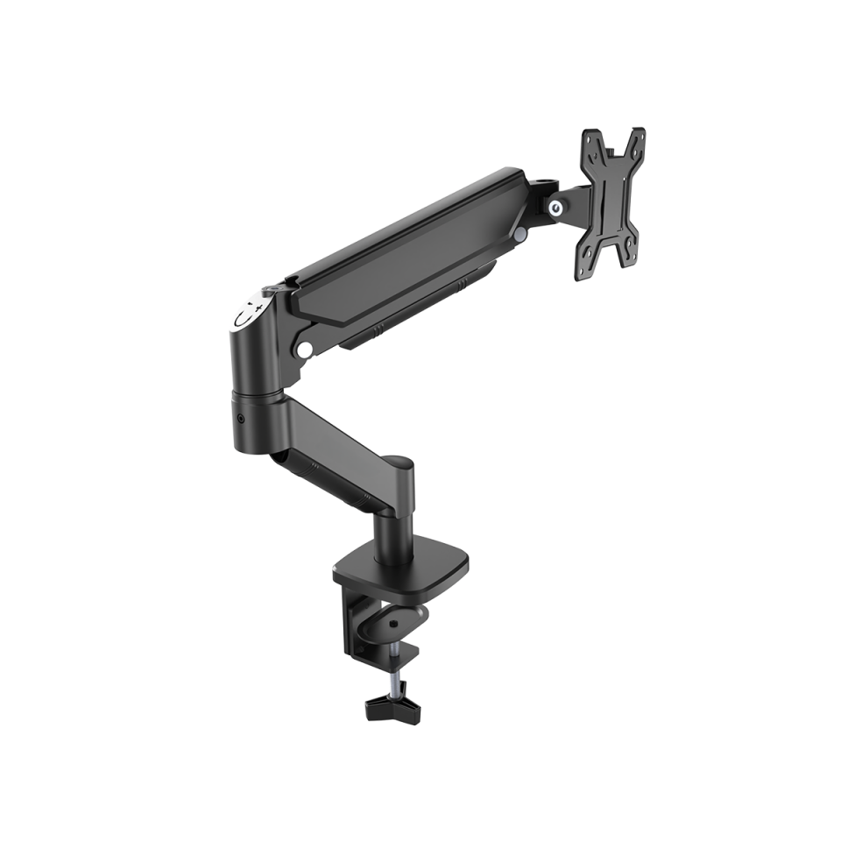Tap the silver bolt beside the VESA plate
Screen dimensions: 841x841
click(x=555, y=208)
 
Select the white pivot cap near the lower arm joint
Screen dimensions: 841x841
click(x=305, y=349)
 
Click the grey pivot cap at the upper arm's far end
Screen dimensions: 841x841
click(x=522, y=235)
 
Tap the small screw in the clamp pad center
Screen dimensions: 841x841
click(x=393, y=624)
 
